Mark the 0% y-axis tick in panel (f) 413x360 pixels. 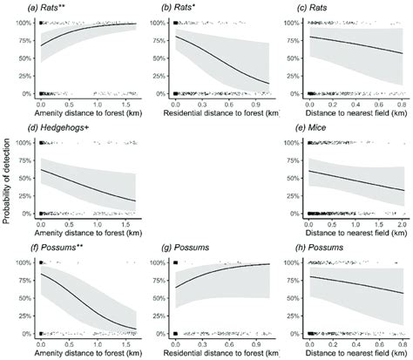(27, 331)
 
